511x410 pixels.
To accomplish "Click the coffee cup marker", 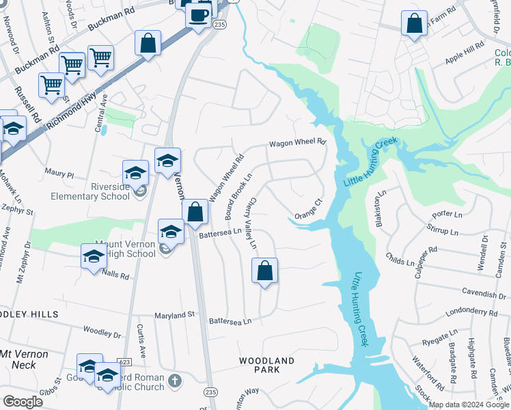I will (199, 15).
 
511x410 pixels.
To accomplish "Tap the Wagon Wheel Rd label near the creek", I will (297, 143).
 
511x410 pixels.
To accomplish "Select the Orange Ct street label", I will (308, 209).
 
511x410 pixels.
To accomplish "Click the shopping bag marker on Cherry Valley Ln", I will (264, 271).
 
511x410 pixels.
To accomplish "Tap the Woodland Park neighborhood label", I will (266, 365).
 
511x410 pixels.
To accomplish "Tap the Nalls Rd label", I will (114, 275).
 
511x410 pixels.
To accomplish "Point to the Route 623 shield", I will (124, 361).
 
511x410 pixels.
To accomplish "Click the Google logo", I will (23, 401).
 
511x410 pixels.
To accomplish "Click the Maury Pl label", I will (59, 175).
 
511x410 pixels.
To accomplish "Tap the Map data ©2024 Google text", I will (468, 405).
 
